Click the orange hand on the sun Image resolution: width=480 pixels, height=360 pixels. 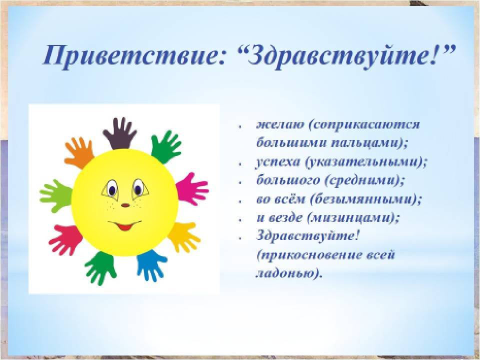[79, 152]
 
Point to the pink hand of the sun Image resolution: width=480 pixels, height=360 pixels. [192, 188]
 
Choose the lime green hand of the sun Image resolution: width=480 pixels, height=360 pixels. [56, 195]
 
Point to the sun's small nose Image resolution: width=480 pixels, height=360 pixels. [125, 205]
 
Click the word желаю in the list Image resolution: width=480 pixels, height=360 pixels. [280, 124]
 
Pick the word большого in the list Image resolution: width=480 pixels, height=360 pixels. [288, 180]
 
